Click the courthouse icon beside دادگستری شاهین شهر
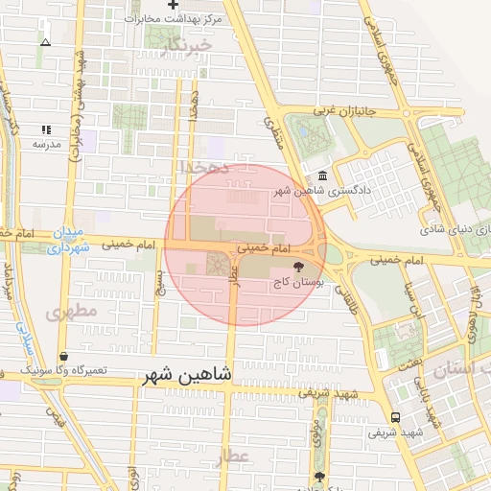(320, 176)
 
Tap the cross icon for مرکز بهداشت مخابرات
(172, 5)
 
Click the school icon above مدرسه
(45, 129)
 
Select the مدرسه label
(46, 144)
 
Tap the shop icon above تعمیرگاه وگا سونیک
(62, 356)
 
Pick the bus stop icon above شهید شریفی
(396, 417)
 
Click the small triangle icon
(45, 42)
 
